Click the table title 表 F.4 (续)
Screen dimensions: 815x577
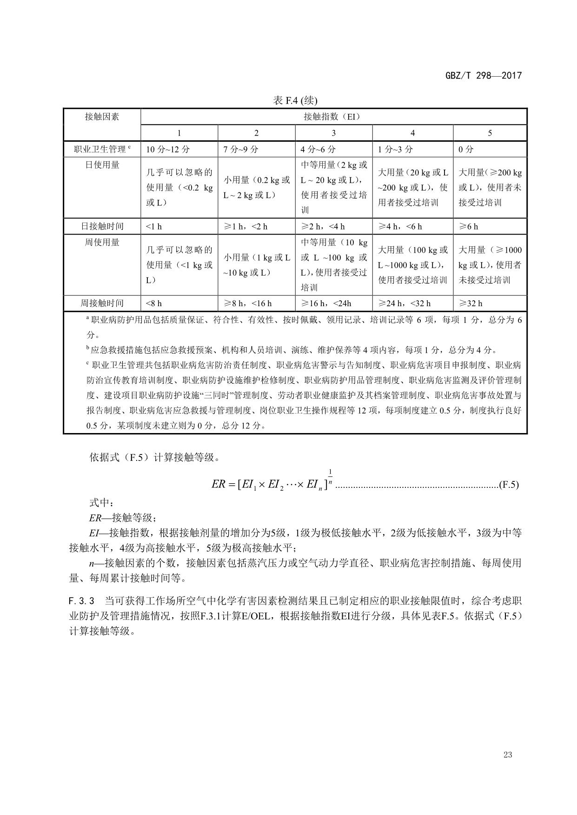point(295,100)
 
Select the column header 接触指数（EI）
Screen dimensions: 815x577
point(333,117)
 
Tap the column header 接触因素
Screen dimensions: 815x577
point(102,117)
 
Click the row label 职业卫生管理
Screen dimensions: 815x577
point(102,149)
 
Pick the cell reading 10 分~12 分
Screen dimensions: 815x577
point(168,149)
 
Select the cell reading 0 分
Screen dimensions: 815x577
point(466,149)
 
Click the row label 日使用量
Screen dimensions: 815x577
point(102,165)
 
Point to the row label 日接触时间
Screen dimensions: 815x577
point(102,226)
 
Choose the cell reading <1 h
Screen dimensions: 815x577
point(153,226)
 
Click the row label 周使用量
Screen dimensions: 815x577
point(102,242)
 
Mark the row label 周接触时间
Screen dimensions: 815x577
point(102,303)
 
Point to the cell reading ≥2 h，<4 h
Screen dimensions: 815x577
point(323,226)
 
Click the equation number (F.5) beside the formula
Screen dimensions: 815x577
point(508,485)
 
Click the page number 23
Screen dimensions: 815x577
point(507,755)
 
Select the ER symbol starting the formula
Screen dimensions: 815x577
point(218,485)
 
